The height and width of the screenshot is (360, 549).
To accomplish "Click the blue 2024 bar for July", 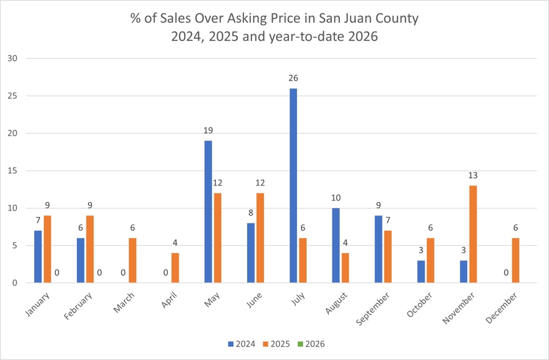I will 293,185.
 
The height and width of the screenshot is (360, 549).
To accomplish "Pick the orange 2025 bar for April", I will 174,268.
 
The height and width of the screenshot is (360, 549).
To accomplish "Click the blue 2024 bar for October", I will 421,272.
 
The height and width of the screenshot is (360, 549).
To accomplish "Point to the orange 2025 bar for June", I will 259,238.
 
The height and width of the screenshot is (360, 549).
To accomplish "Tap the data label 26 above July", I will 293,78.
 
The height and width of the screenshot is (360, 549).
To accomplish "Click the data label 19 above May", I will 208,131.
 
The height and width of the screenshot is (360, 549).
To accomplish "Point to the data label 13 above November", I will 472,176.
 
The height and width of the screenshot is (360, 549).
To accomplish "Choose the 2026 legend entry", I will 310,344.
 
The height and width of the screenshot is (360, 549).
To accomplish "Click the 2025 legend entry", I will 276,344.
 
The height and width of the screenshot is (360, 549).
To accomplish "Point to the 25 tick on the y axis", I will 13,96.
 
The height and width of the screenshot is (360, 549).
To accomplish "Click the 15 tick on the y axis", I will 13,171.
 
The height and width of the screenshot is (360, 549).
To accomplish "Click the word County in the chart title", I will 395,18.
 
